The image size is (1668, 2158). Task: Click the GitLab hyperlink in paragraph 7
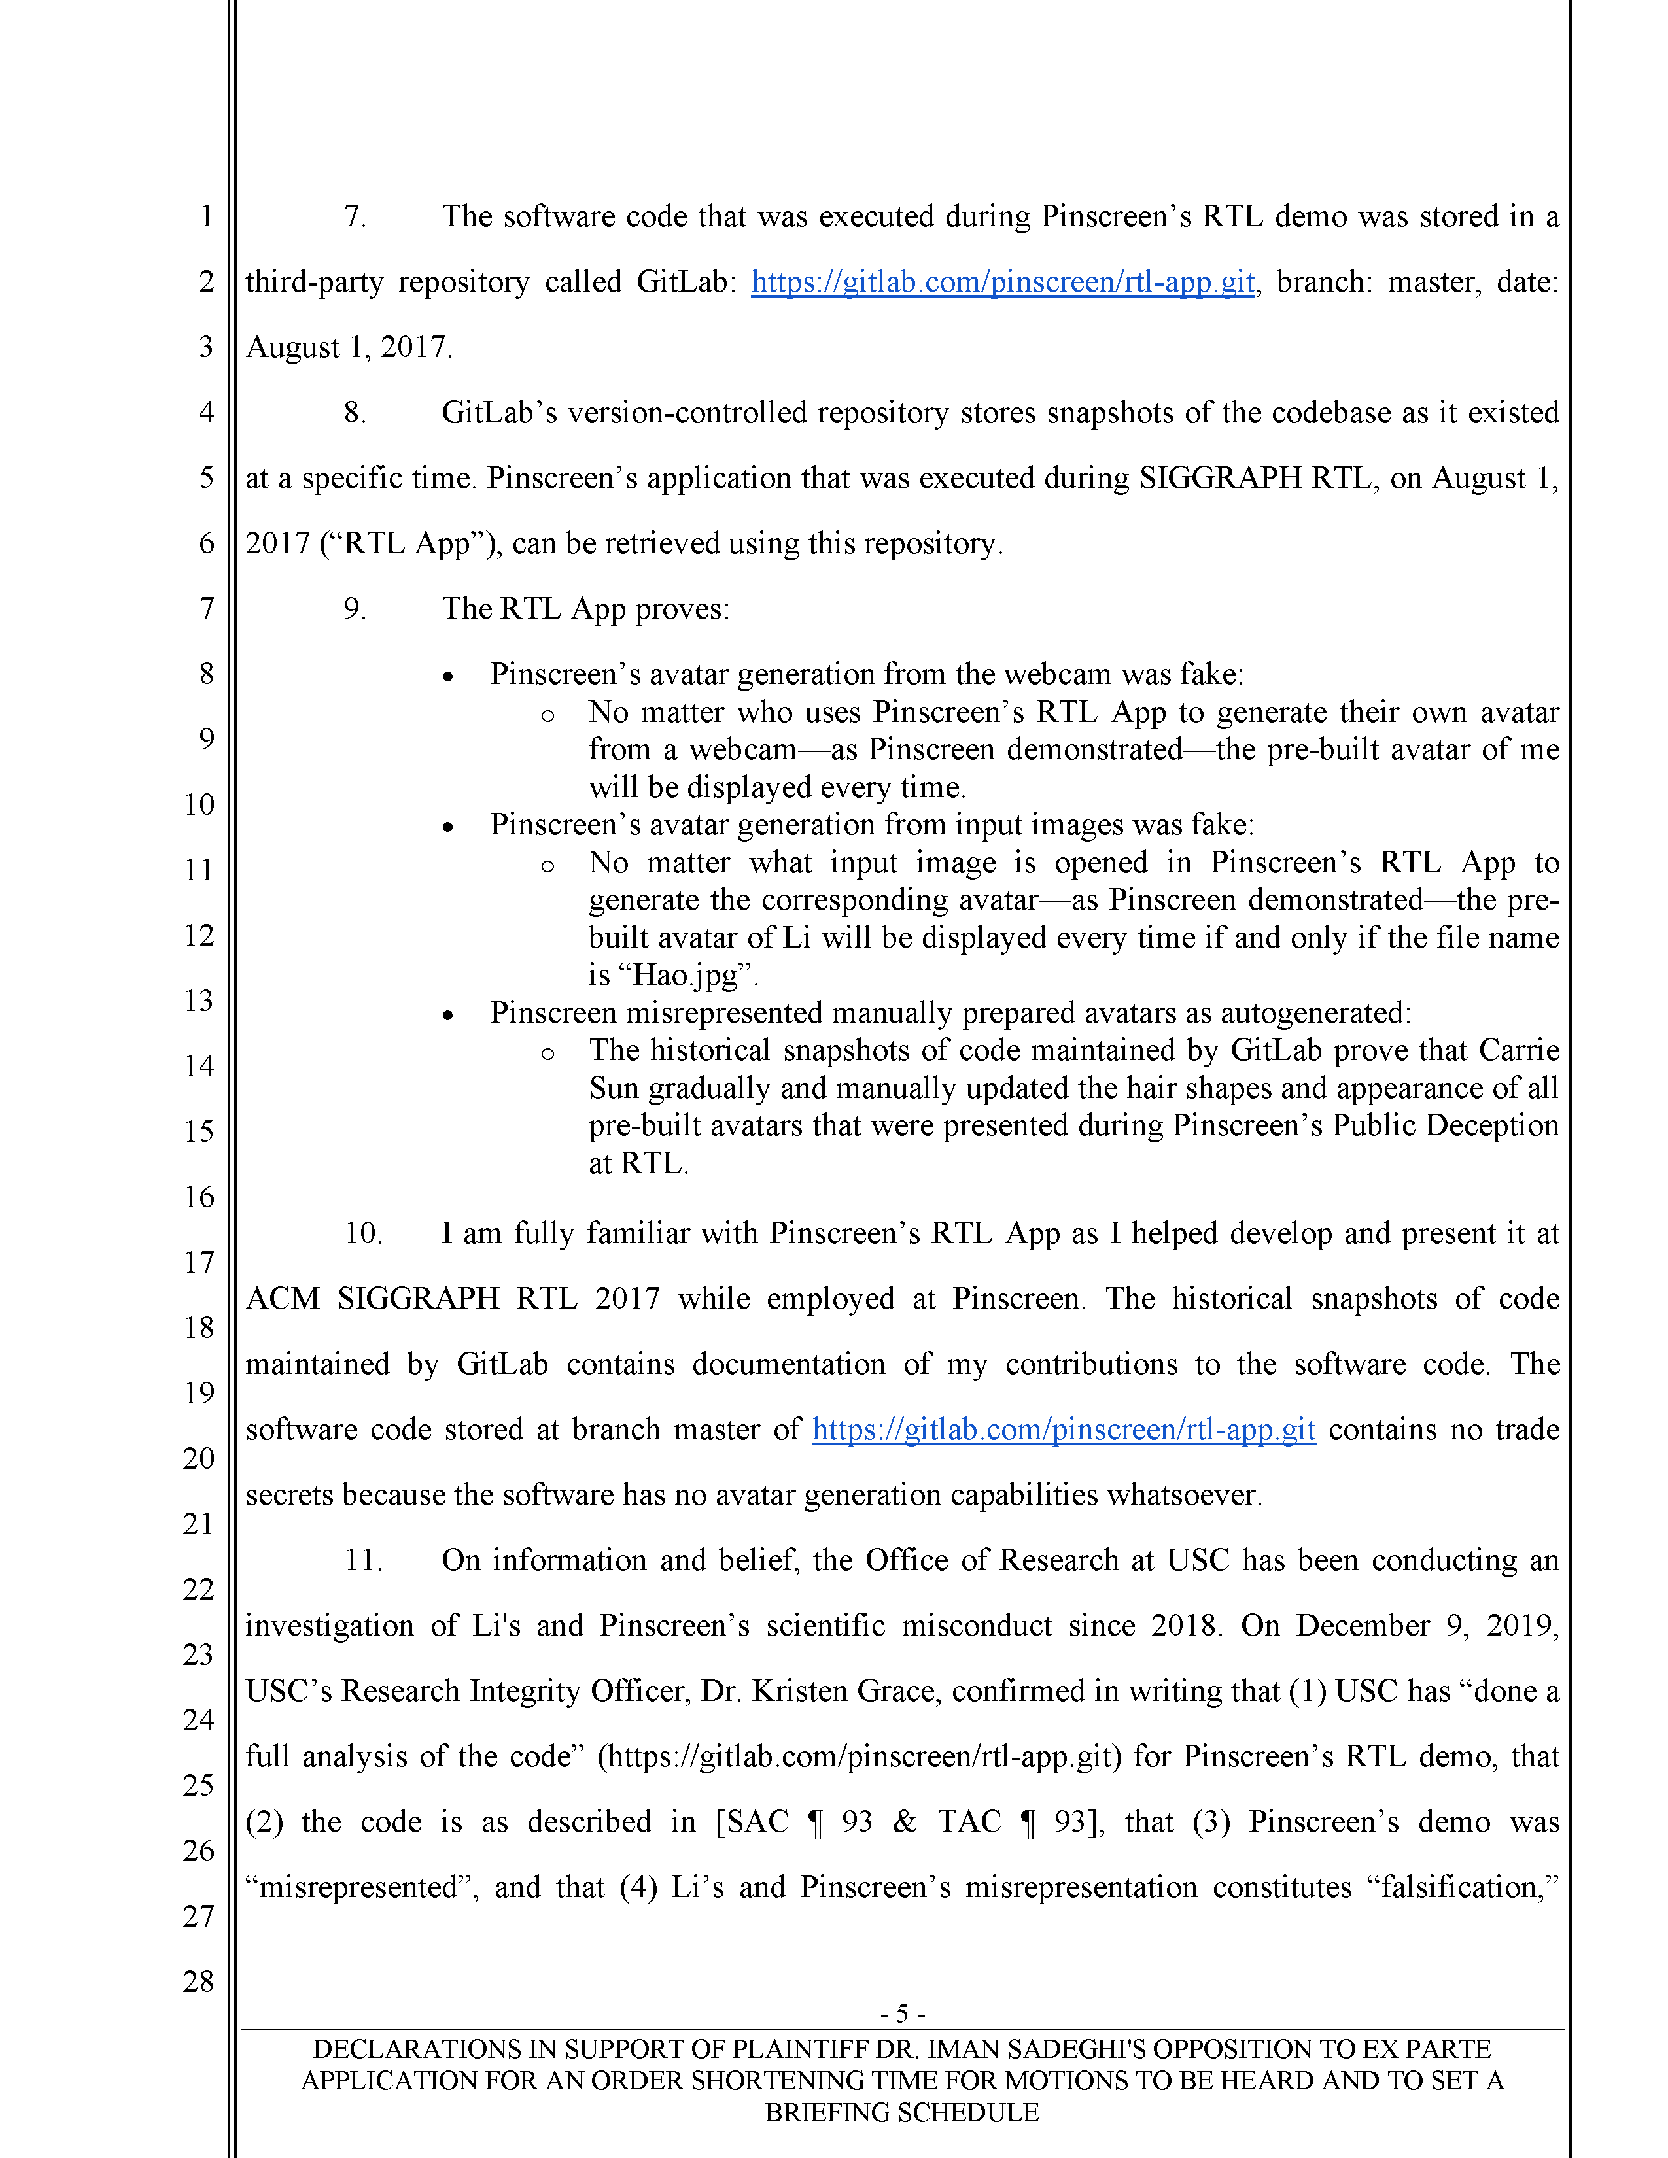(1002, 283)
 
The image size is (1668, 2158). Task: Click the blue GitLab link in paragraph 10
(1063, 1430)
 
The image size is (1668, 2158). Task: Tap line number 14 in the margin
(199, 1066)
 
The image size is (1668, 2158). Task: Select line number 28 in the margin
(199, 1981)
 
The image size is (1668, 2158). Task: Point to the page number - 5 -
(901, 2013)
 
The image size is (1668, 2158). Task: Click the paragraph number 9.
(355, 609)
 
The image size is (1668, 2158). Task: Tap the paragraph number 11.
(362, 1560)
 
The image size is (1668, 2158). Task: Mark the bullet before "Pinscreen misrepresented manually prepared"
(447, 1015)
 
